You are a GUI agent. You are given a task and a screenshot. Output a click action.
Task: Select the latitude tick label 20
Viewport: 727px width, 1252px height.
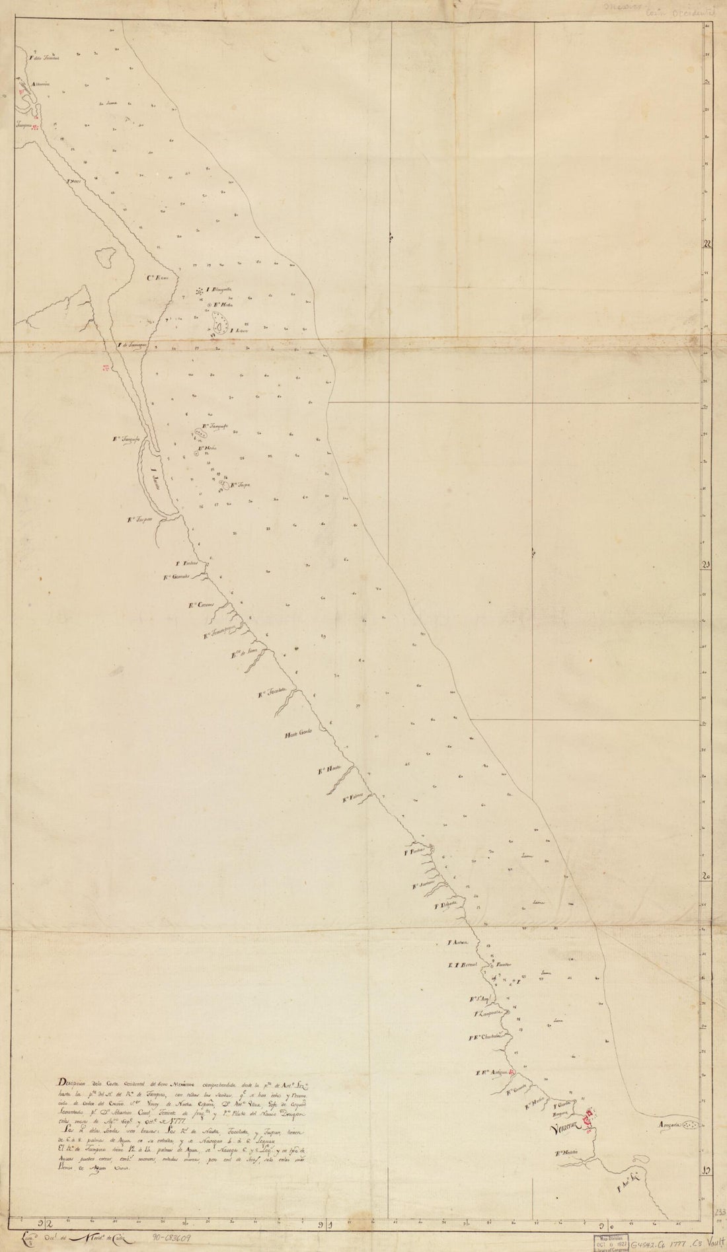tap(707, 876)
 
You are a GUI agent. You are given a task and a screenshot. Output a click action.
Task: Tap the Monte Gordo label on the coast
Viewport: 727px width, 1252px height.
tap(297, 735)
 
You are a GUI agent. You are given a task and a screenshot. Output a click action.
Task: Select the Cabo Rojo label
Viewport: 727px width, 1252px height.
tap(159, 278)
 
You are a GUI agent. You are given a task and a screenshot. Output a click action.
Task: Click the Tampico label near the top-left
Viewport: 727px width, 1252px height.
tap(24, 124)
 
